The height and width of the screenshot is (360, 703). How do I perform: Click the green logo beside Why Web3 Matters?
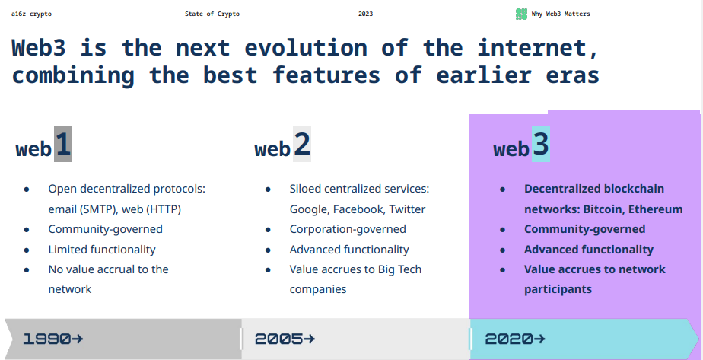[x=521, y=14]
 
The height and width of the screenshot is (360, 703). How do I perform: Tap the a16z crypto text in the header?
[x=31, y=14]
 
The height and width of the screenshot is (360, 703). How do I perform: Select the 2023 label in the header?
[x=365, y=14]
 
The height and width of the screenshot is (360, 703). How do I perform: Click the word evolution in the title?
[x=300, y=48]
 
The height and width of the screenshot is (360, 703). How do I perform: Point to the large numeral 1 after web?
[x=63, y=145]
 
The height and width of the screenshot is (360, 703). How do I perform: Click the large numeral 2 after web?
[x=302, y=145]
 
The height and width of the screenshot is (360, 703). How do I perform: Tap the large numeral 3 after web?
[x=541, y=145]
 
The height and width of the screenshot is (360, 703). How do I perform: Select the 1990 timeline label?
[x=47, y=339]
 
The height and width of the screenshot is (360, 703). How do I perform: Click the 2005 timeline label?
[x=279, y=339]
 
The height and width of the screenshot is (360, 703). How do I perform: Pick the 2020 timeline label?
[x=509, y=339]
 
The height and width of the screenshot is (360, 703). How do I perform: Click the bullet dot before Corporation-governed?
[x=268, y=230]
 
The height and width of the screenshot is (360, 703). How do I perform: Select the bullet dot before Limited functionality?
[x=27, y=250]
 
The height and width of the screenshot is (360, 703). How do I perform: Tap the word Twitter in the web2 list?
[x=407, y=209]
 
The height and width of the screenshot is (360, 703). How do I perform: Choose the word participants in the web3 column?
[x=558, y=290]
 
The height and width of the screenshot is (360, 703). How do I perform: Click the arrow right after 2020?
[x=540, y=339]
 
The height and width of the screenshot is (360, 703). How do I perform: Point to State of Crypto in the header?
[x=212, y=14]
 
